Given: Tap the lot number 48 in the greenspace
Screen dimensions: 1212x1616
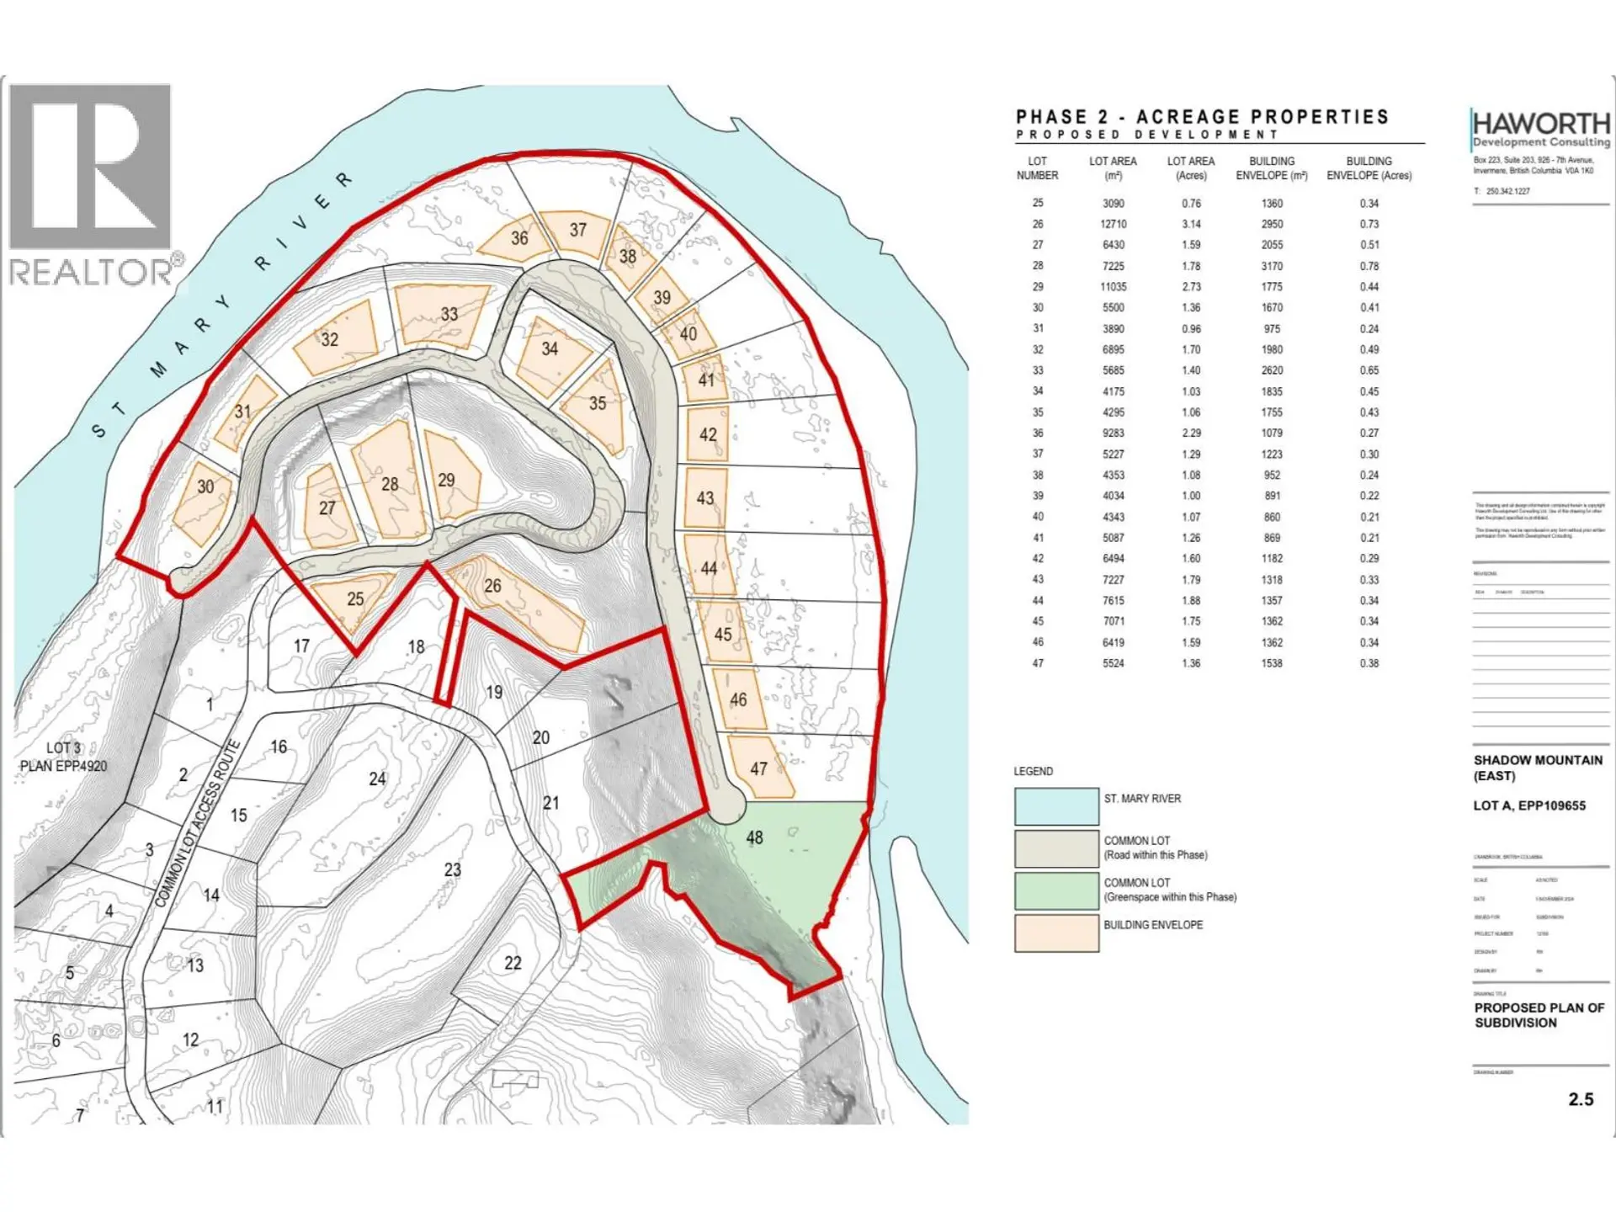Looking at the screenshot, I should point(754,837).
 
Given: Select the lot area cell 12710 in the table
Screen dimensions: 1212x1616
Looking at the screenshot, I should point(1113,224).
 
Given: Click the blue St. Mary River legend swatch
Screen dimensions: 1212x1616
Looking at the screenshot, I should point(1056,806).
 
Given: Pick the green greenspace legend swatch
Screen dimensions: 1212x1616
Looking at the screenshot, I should point(1056,890).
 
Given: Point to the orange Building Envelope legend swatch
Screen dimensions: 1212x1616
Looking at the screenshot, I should point(1056,933).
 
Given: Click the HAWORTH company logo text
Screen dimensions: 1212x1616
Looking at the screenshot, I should point(1540,125).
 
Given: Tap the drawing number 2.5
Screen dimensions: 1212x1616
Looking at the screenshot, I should point(1580,1099).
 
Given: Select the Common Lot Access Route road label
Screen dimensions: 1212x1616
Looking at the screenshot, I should point(199,823).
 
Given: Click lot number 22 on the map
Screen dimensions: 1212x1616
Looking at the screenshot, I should point(513,963).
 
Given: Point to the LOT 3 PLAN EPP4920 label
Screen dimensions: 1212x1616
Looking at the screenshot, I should point(64,757).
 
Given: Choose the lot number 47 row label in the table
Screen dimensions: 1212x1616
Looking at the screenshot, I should point(1038,663).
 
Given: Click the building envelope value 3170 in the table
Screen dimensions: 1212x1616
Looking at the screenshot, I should point(1272,266).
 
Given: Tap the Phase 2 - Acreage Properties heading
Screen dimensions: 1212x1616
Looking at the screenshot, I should point(1202,117).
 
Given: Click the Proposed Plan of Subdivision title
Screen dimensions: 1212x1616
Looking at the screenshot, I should point(1539,1015).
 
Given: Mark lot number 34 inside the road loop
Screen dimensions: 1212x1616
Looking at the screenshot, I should point(550,348).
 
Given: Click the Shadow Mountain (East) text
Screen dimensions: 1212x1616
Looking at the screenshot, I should point(1537,768).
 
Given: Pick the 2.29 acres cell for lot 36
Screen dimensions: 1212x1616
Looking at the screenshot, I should point(1190,433).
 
